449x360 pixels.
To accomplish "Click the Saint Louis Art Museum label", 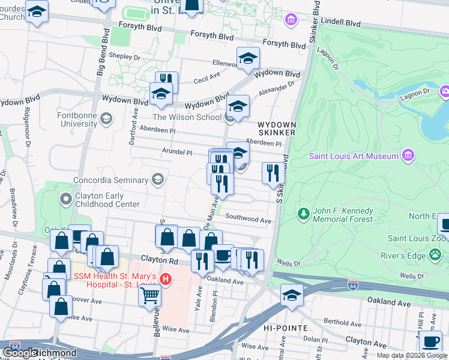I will coord(354,157).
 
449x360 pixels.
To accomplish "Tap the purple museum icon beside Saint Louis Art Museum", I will coord(408,156).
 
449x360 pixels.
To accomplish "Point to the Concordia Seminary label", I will coord(112,180).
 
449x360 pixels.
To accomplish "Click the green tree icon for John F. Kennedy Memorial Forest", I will coord(304,214).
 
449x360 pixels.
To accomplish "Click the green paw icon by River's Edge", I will coord(435,256).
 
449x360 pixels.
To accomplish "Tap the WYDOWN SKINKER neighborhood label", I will coord(276,128).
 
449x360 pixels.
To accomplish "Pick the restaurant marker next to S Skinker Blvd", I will coord(273,173).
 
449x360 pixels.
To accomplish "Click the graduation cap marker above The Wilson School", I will coord(238,107).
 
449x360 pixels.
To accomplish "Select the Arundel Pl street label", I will coord(176,152).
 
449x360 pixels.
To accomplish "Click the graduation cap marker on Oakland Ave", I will coord(292,295).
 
